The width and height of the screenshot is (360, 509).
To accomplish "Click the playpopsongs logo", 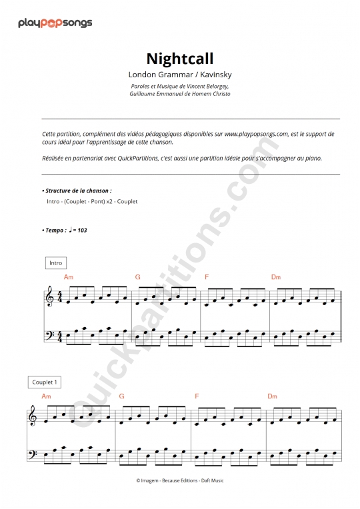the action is pyautogui.click(x=55, y=23).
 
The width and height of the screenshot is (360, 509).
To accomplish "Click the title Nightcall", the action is pyautogui.click(x=179, y=59).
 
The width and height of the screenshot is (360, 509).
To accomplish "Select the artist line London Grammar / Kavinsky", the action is pyautogui.click(x=179, y=75).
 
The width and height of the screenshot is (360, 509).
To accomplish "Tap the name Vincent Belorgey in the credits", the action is pyautogui.click(x=207, y=87).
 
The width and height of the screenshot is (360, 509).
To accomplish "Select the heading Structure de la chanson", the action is pyautogui.click(x=78, y=191).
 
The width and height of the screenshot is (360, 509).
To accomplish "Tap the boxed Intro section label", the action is pyautogui.click(x=55, y=263).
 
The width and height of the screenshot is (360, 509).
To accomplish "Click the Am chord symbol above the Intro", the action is pyautogui.click(x=68, y=276).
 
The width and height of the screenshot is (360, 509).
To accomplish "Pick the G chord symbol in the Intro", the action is pyautogui.click(x=137, y=276).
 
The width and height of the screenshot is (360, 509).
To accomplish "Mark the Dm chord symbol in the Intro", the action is pyautogui.click(x=276, y=276).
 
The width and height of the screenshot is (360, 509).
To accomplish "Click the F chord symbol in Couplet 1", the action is pyautogui.click(x=197, y=396).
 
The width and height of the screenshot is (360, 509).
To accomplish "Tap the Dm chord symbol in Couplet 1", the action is pyautogui.click(x=272, y=396).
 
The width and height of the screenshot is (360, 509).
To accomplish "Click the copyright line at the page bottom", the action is pyautogui.click(x=179, y=480).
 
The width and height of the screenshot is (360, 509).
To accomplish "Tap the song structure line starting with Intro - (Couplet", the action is pyautogui.click(x=92, y=201).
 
